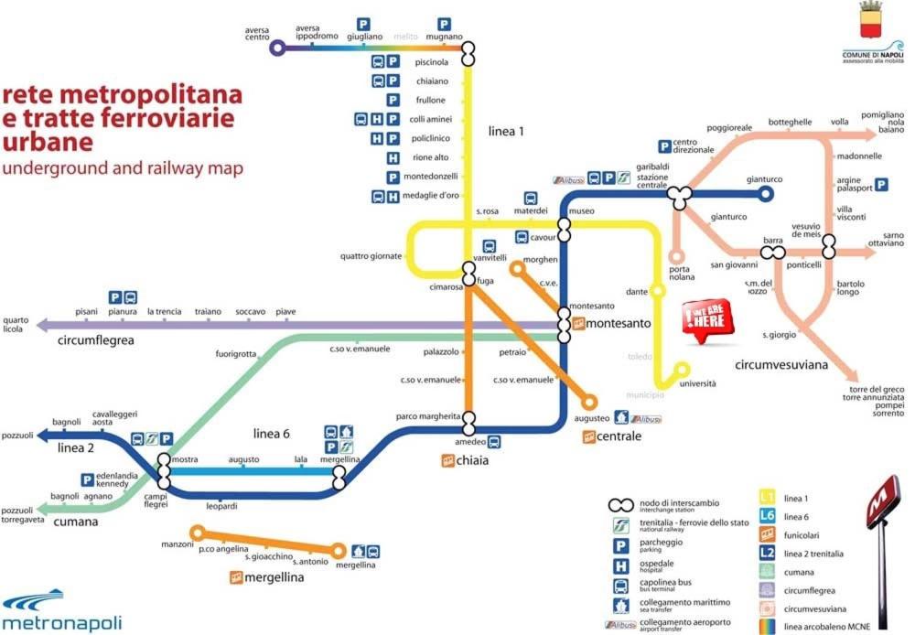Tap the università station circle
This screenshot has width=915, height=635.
681,370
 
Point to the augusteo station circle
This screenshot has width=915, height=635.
590,401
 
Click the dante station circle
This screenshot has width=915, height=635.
657,291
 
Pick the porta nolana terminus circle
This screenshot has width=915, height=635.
677,258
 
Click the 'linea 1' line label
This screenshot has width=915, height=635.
506,132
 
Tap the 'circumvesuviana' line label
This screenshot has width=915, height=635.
781,365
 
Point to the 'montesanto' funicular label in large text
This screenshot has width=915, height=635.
618,323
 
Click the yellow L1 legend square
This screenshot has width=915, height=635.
769,498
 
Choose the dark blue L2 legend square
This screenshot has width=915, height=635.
769,553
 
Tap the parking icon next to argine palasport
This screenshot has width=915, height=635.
883,185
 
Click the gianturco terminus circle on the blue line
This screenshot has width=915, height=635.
767,193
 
